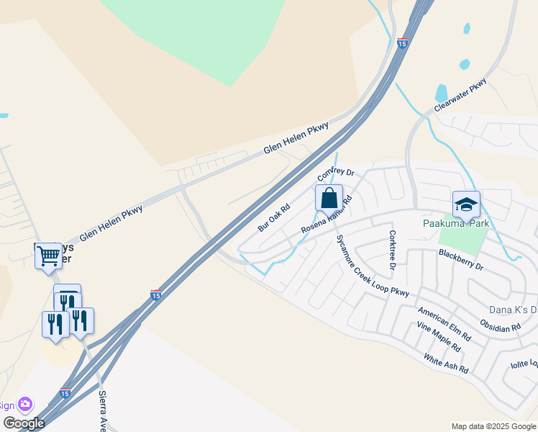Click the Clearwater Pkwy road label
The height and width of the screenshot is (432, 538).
point(460,94)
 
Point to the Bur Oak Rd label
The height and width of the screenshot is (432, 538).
point(273,217)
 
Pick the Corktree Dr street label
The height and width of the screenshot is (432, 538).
point(393,250)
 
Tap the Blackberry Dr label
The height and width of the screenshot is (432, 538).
point(461,260)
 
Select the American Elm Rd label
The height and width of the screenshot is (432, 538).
point(444,324)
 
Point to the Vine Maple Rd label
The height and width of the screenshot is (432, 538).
point(438,337)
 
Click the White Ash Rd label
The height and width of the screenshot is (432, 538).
point(446,364)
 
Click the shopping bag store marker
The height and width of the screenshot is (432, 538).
point(329,198)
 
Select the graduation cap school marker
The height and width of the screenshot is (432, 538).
point(466,204)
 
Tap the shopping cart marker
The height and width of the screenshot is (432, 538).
point(48,255)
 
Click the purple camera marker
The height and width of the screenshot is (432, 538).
point(26,405)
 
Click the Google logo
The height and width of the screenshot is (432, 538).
point(24,423)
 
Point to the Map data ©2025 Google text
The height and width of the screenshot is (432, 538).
point(493,426)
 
